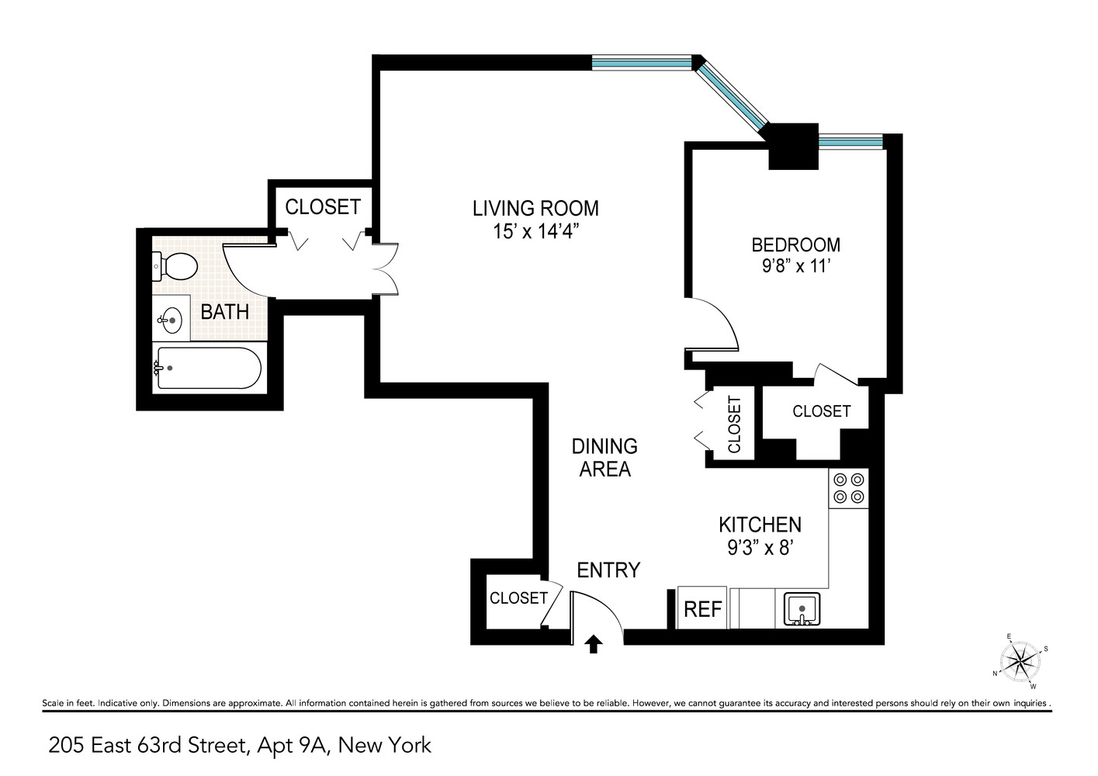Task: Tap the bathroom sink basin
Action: pyautogui.click(x=171, y=318)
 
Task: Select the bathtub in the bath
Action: pyautogui.click(x=209, y=368)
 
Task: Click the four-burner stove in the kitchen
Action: pyautogui.click(x=848, y=488)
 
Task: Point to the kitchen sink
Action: pyautogui.click(x=801, y=609)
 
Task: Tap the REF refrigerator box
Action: pyautogui.click(x=702, y=608)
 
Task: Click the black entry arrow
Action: pyautogui.click(x=594, y=643)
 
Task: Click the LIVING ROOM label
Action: pyautogui.click(x=535, y=208)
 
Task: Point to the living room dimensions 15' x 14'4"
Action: pyautogui.click(x=535, y=231)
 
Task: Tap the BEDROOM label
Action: pyautogui.click(x=795, y=244)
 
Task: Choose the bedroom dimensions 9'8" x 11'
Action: pyautogui.click(x=795, y=266)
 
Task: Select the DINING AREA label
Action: pyautogui.click(x=604, y=457)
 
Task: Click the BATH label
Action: pyautogui.click(x=224, y=312)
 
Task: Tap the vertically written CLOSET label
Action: pyautogui.click(x=734, y=424)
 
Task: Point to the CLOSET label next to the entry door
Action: pyautogui.click(x=518, y=598)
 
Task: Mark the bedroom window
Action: pyautogui.click(x=851, y=142)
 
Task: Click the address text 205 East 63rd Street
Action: pyautogui.click(x=147, y=746)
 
